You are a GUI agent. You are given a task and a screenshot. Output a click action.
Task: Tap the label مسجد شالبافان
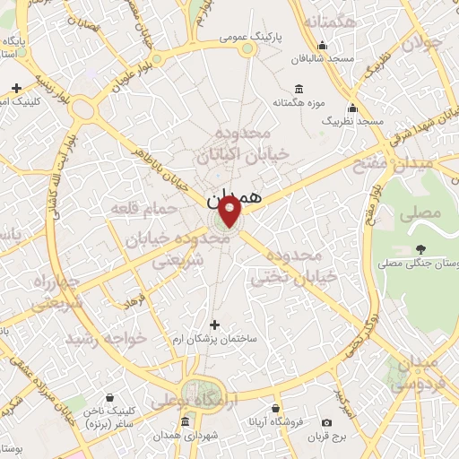coord(326,57)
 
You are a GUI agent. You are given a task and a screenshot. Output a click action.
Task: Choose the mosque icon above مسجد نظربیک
coord(352,107)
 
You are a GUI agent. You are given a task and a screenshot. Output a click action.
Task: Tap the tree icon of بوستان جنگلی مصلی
coord(420,249)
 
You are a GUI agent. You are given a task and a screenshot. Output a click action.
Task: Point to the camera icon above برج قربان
coord(326,422)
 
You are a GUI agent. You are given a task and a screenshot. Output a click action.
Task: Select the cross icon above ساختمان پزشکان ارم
coord(213,324)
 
